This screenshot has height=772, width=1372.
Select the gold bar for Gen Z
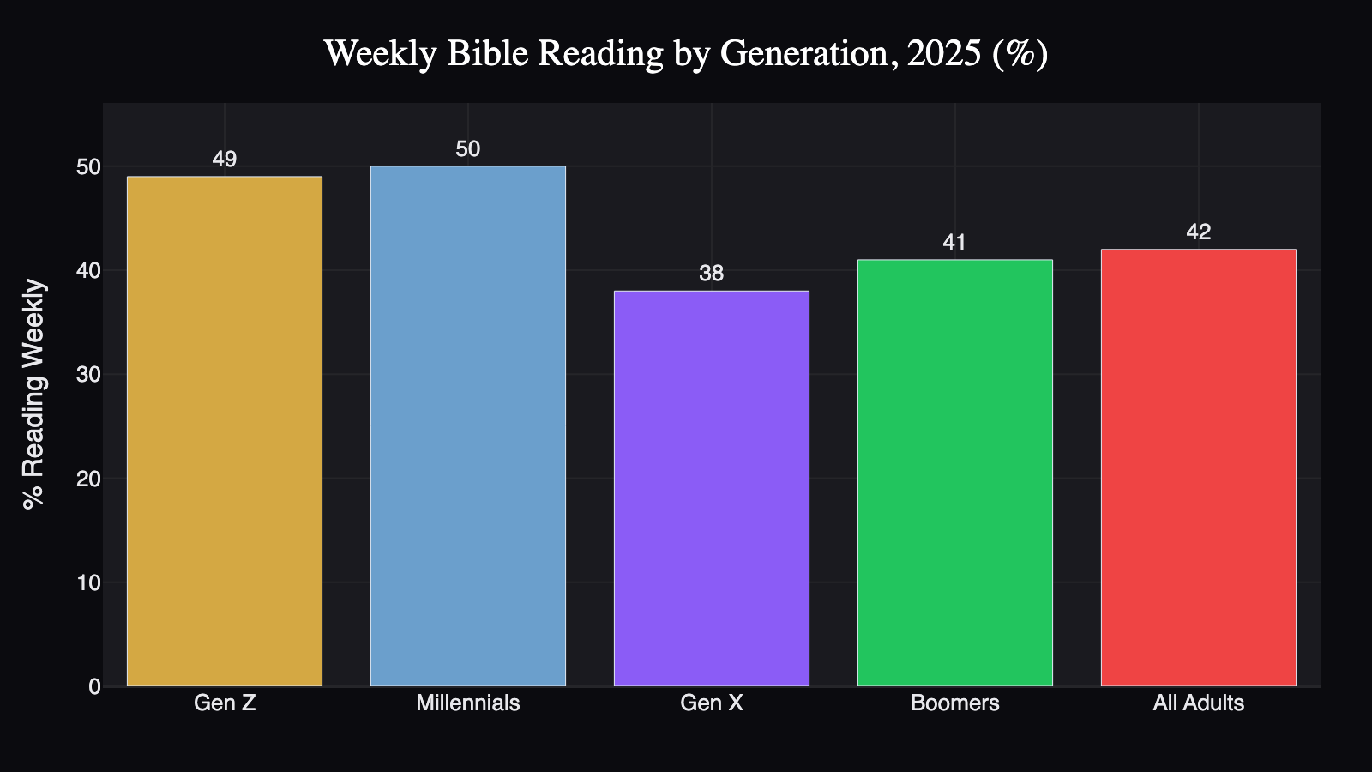pos(225,431)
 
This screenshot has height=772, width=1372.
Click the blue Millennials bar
pos(468,426)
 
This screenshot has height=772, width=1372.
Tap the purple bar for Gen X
pos(712,489)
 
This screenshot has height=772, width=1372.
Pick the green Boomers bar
pos(955,473)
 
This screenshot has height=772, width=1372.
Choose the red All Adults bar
pos(1199,467)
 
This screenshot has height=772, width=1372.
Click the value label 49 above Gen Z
pos(225,160)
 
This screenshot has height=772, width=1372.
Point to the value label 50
pos(468,149)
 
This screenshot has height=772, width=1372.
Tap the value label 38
pos(712,274)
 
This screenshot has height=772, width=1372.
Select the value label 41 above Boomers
pos(955,243)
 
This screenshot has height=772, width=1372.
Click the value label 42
pos(1199,232)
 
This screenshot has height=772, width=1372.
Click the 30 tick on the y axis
pos(88,375)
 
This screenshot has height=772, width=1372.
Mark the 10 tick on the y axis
pos(88,583)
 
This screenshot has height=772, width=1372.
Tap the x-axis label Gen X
pos(712,703)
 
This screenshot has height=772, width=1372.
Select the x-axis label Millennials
pos(468,703)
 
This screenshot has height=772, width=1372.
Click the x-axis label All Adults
pos(1199,703)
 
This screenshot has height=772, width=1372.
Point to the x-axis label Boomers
pos(955,703)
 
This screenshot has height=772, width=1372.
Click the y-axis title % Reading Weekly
pos(34,395)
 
